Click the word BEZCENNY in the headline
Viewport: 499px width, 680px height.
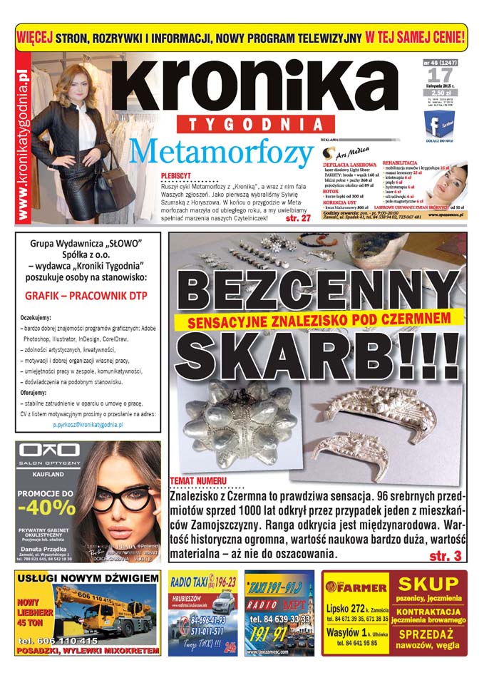pos(318,292)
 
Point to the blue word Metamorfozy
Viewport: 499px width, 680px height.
pos(222,152)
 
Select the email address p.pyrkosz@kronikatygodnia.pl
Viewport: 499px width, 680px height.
pos(88,424)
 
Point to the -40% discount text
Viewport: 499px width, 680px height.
pos(46,508)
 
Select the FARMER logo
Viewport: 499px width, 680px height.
pos(349,586)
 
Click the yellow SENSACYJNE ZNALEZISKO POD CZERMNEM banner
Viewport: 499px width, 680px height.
pos(317,321)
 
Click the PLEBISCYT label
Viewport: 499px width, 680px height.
pos(180,173)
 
